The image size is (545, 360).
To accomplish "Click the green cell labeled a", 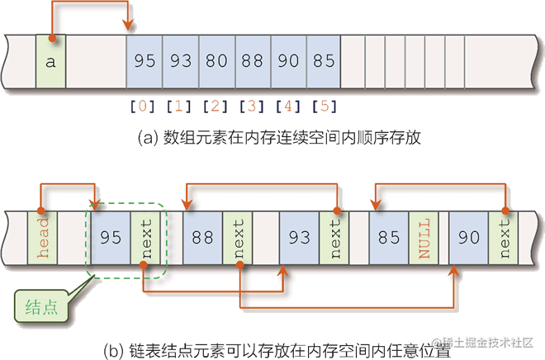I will pyautogui.click(x=50, y=60).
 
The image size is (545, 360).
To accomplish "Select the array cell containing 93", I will pyautogui.click(x=180, y=60).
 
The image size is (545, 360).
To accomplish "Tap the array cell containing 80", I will pyautogui.click(x=216, y=60).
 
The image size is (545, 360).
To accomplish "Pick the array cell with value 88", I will pyautogui.click(x=253, y=60).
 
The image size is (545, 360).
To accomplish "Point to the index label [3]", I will pyautogui.click(x=252, y=106).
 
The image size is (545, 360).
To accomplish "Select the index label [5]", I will pyautogui.click(x=325, y=106).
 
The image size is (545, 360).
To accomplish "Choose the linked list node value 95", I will pyautogui.click(x=111, y=238).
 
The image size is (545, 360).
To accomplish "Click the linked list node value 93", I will pyautogui.click(x=299, y=238).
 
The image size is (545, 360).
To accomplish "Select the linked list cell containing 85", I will pyautogui.click(x=389, y=238).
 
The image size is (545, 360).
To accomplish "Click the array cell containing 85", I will pyautogui.click(x=325, y=60).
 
